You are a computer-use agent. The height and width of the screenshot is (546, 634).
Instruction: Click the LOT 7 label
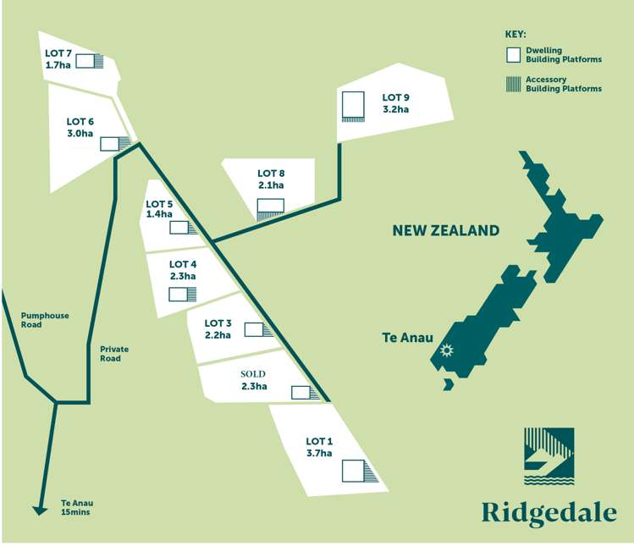[58, 52]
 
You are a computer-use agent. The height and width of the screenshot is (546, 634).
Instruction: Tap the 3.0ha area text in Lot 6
[80, 134]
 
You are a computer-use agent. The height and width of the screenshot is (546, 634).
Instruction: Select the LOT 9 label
[395, 97]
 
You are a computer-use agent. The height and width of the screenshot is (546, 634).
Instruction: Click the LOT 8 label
[271, 174]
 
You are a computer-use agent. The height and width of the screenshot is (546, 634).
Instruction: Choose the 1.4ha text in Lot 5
[159, 215]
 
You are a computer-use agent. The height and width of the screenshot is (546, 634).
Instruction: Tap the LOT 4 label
[183, 264]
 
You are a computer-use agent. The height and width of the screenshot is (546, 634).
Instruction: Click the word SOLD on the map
[253, 373]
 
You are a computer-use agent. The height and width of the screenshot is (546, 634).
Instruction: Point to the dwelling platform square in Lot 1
[353, 471]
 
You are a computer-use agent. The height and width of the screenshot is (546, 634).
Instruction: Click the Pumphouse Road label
[44, 320]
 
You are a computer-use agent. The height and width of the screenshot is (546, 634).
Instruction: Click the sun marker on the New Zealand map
[446, 350]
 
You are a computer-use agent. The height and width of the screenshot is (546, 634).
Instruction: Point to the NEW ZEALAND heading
[445, 230]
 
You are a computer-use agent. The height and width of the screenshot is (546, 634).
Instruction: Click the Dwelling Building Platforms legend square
[512, 55]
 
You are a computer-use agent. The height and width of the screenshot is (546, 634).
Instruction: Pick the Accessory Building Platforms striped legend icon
[512, 83]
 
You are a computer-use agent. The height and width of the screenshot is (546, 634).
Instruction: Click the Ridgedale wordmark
[549, 512]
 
